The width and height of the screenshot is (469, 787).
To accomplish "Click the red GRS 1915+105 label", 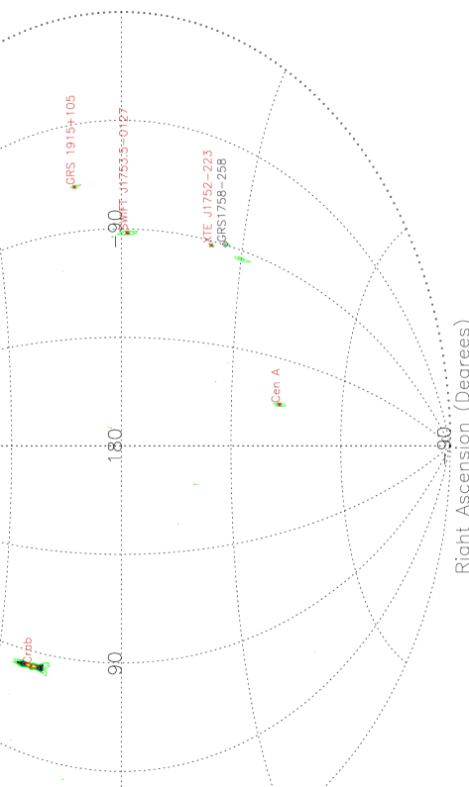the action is [70, 139].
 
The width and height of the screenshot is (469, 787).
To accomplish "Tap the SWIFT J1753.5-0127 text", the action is [124, 168].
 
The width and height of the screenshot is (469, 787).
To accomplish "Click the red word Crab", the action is [28, 649].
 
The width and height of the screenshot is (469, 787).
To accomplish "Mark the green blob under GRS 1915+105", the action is [75, 185].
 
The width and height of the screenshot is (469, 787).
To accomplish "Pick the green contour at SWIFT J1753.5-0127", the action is [127, 234].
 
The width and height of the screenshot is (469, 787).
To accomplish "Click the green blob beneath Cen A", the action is [281, 405].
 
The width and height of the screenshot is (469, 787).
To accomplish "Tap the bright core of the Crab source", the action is [32, 666].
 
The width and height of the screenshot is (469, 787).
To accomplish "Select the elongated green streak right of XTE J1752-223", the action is [242, 259].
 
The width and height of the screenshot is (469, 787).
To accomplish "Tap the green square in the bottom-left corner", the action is [11, 739].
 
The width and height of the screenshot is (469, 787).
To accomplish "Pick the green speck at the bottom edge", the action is [62, 778].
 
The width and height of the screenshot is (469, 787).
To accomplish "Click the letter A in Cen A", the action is [277, 372].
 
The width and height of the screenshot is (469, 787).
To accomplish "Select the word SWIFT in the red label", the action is [124, 216].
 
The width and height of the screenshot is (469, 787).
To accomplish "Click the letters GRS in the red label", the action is [70, 175].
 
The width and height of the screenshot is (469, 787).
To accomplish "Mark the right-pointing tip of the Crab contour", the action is [49, 663].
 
